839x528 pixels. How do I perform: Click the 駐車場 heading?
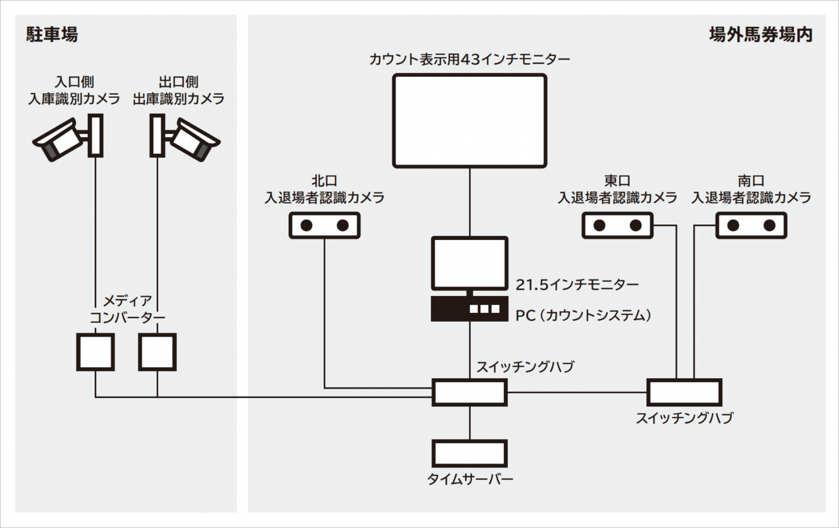pyautogui.click(x=52, y=34)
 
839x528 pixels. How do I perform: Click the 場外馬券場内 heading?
pyautogui.click(x=760, y=34)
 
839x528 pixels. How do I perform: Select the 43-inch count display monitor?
pyautogui.click(x=469, y=121)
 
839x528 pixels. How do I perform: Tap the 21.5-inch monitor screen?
pyautogui.click(x=469, y=263)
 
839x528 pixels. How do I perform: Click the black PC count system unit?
pyautogui.click(x=469, y=309)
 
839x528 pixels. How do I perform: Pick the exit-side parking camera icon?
pyautogui.click(x=185, y=138)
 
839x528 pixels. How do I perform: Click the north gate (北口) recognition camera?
pyautogui.click(x=325, y=226)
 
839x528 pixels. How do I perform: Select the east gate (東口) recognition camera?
pyautogui.click(x=618, y=226)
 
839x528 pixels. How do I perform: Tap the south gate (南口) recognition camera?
pyautogui.click(x=751, y=226)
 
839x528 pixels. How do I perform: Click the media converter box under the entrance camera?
pyautogui.click(x=96, y=352)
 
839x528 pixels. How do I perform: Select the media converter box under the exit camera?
pyautogui.click(x=157, y=352)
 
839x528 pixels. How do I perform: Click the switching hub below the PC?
pyautogui.click(x=469, y=392)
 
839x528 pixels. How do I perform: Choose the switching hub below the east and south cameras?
pyautogui.click(x=684, y=392)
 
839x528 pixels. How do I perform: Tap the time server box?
pyautogui.click(x=469, y=453)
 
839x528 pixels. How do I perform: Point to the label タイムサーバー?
pyautogui.click(x=470, y=480)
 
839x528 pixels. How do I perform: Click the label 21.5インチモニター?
pyautogui.click(x=577, y=284)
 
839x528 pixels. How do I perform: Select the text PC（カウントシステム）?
pyautogui.click(x=583, y=315)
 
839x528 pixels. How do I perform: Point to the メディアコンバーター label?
pyautogui.click(x=127, y=309)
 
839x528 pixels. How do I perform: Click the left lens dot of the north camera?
pyautogui.click(x=307, y=226)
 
